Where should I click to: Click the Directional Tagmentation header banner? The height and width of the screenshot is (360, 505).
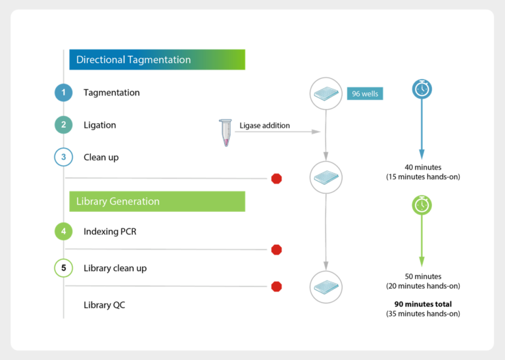157,60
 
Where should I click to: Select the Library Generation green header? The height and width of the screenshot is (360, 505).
157,201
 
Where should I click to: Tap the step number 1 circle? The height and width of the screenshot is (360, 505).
64,93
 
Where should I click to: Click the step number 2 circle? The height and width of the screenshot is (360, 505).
64,125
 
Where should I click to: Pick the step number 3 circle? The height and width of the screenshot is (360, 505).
64,157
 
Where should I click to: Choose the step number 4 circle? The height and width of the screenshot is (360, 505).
64,231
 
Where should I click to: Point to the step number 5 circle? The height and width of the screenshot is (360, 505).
64,268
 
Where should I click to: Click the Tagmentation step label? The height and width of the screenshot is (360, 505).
112,93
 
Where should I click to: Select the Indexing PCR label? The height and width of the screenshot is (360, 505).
110,231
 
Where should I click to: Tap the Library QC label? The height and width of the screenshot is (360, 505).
104,305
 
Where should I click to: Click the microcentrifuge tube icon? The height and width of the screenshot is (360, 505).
226,132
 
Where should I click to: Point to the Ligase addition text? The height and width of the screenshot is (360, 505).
264,125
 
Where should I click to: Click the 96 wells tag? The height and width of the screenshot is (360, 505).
365,93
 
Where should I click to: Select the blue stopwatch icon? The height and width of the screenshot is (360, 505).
421,89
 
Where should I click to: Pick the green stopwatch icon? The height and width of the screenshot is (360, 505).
421,205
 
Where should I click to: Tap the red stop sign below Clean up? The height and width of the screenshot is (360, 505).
277,178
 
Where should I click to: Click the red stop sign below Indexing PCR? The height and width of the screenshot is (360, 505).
277,249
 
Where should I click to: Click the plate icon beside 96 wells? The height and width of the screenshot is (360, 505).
326,93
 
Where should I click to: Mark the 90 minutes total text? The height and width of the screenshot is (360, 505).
423,304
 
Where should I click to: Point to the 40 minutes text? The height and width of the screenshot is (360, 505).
423,167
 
